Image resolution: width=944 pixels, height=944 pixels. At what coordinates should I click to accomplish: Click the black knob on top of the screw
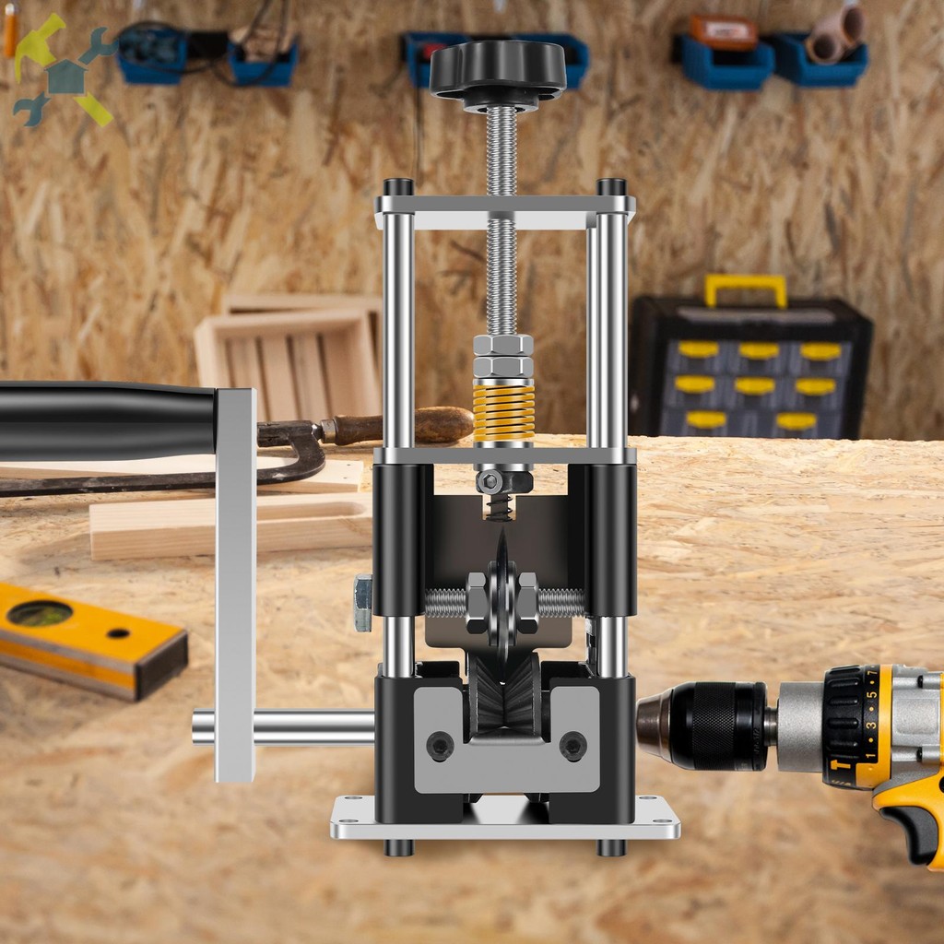point(498,70)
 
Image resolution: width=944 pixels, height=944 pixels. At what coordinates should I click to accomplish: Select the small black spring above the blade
point(500,507)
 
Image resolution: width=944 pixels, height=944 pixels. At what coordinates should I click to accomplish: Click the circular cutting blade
point(502,598)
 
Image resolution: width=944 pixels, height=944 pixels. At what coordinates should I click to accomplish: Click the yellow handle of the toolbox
point(746,289)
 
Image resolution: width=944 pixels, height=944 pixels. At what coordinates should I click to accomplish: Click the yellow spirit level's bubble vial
point(40,613)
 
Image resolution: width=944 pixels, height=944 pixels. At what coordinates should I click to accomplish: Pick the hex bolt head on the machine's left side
point(363,603)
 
